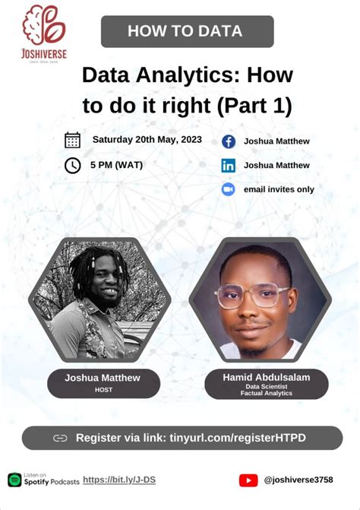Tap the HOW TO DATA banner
click(187, 31)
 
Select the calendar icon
click(73, 140)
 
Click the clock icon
click(73, 165)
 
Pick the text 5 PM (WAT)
click(115, 164)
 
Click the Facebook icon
click(228, 141)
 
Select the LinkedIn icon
click(228, 165)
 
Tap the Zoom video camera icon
click(228, 189)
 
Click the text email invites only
click(279, 189)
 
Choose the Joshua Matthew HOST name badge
click(103, 382)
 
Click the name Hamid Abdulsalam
click(266, 377)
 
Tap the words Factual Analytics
click(266, 393)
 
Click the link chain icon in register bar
click(60, 438)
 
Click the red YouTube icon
click(248, 480)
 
